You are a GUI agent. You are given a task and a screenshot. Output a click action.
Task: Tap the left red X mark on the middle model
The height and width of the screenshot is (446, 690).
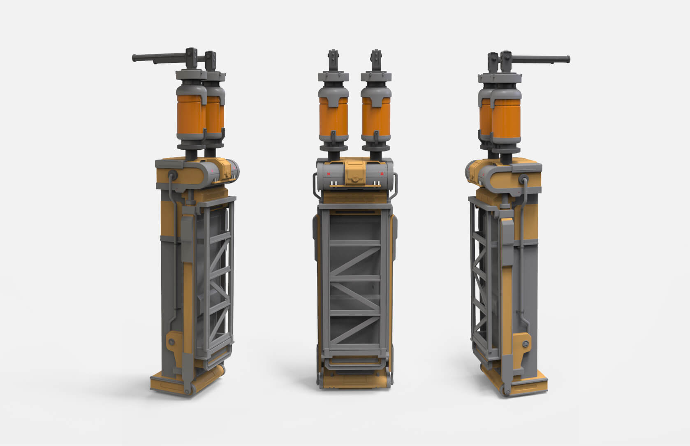329,174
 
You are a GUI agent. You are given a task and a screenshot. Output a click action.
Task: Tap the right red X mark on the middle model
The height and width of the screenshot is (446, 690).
382,174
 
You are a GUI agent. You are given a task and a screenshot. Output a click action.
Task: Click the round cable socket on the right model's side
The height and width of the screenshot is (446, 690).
524,179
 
